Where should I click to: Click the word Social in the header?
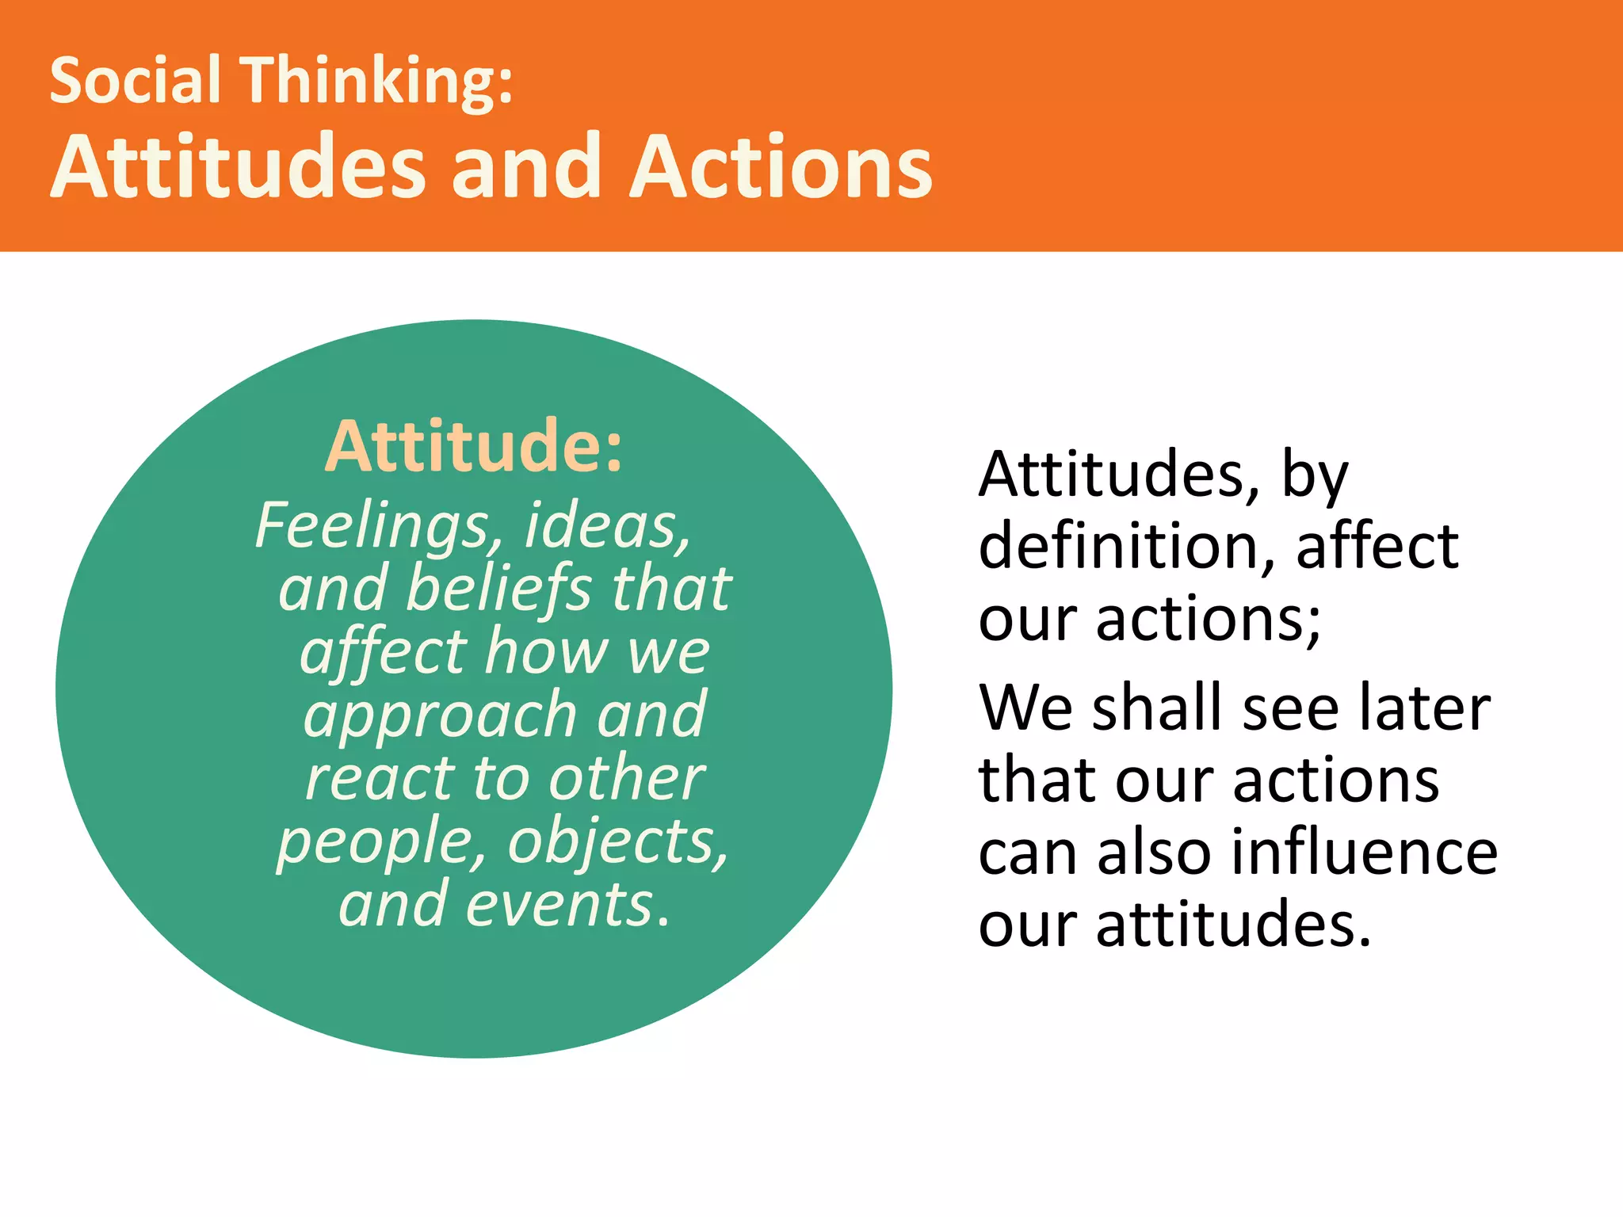[135, 81]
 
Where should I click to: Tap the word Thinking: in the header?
[377, 81]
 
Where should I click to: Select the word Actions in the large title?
[781, 167]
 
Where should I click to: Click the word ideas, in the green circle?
[608, 525]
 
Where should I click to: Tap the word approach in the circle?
[441, 715]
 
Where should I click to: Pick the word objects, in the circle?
[618, 841]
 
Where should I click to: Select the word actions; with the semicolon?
[1209, 619]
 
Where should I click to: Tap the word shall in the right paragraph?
[1160, 707]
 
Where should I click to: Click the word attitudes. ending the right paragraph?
[1233, 925]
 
